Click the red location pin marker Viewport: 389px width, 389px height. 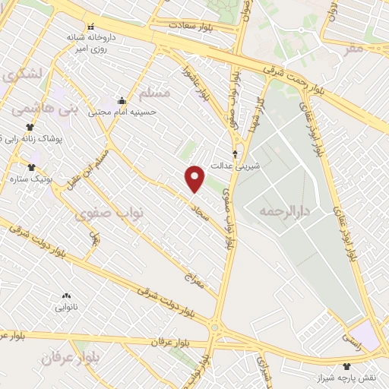[x=195, y=179]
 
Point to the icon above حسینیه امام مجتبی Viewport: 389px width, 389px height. [x=122, y=100]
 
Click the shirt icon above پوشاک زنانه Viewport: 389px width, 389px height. [x=30, y=128]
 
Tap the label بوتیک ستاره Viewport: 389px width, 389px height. [x=25, y=179]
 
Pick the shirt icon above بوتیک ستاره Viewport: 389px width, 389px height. [x=31, y=167]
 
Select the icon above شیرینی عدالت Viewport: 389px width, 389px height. [x=234, y=153]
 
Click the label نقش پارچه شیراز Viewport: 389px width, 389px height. [x=346, y=378]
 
